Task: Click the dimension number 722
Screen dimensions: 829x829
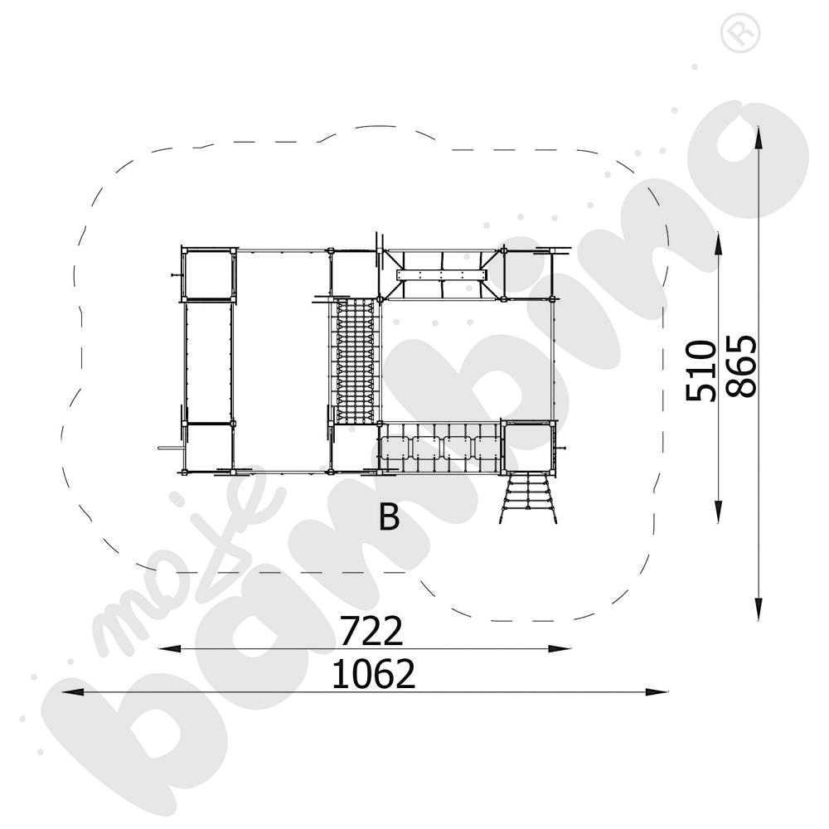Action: tap(371, 632)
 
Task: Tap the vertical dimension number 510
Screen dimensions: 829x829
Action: tap(701, 370)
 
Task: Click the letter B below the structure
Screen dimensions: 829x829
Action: tap(389, 517)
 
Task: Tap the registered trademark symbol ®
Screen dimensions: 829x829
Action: tap(734, 33)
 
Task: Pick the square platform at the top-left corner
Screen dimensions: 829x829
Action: tap(208, 274)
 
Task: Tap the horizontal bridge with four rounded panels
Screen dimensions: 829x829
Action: tap(439, 447)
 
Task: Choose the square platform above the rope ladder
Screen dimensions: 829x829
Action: tap(528, 446)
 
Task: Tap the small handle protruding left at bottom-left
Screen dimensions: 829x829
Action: tap(166, 448)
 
